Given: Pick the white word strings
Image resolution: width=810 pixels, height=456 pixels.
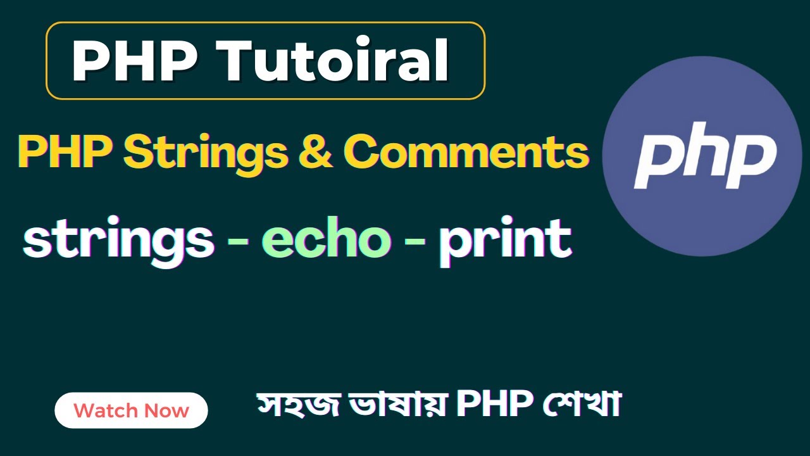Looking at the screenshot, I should [118, 241].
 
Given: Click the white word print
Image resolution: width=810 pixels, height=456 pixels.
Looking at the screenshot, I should [505, 241].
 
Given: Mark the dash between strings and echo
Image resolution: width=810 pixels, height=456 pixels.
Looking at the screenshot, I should [237, 242].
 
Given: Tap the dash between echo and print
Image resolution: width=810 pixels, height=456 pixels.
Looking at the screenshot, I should [414, 242].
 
